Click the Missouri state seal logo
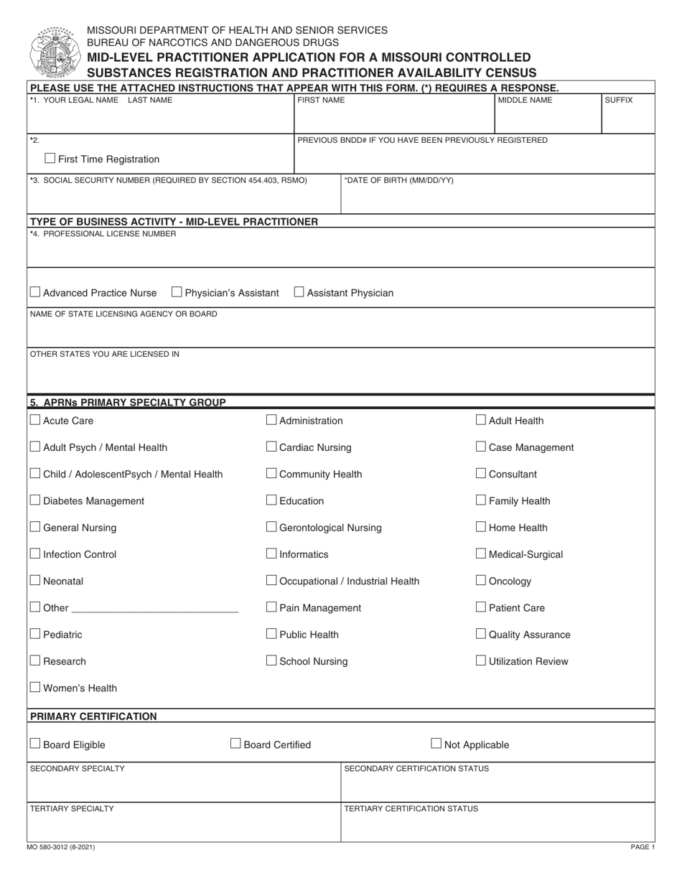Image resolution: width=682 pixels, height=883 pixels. click(x=52, y=52)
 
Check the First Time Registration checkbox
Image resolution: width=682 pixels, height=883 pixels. click(x=50, y=159)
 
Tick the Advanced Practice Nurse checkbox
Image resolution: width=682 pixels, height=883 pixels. click(x=35, y=292)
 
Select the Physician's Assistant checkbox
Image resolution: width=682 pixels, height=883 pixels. click(x=177, y=292)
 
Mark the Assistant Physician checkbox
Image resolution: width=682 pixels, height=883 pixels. click(x=299, y=292)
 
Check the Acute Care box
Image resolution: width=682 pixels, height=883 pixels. click(x=35, y=420)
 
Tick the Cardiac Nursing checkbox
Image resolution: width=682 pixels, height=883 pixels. click(x=271, y=447)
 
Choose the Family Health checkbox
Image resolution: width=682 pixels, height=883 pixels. click(x=481, y=500)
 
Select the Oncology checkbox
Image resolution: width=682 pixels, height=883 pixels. click(x=481, y=581)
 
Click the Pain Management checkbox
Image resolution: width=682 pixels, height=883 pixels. click(x=271, y=607)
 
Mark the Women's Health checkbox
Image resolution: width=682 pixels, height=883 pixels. click(x=35, y=688)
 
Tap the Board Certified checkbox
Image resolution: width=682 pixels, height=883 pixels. click(x=235, y=744)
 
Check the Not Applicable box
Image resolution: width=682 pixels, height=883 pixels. click(x=436, y=744)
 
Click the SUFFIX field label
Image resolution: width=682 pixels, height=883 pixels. click(x=618, y=101)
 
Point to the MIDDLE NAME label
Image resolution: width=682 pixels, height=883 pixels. click(x=525, y=101)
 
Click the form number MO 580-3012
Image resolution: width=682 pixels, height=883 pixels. click(x=62, y=847)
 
